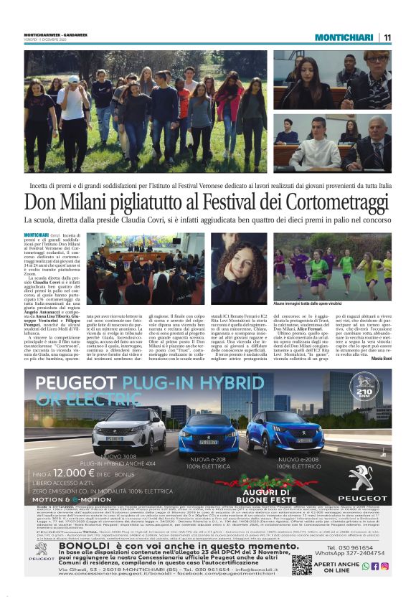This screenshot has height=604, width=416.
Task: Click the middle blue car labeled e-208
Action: [207, 433]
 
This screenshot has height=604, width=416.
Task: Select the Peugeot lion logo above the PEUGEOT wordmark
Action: [359, 478]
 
